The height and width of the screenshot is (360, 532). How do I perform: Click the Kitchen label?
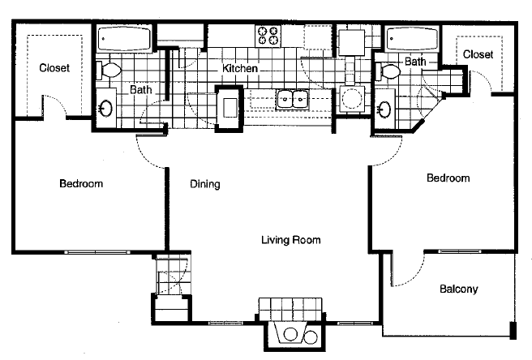[x=240, y=68]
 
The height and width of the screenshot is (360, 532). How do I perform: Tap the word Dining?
[x=205, y=184]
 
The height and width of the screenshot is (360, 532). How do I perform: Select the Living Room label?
[x=291, y=240]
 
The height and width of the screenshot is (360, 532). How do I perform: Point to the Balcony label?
[x=459, y=289]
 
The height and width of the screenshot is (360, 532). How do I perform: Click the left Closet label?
[x=54, y=68]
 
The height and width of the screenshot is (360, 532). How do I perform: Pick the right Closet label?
[x=478, y=54]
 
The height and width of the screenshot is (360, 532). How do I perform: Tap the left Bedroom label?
[x=81, y=183]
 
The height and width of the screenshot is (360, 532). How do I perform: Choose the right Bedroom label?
[x=448, y=178]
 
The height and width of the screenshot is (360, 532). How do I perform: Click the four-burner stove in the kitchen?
[x=268, y=36]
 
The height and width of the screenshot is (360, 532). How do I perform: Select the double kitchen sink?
[x=292, y=100]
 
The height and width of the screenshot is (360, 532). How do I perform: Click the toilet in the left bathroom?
[x=109, y=71]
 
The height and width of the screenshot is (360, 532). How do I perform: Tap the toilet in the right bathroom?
[x=388, y=71]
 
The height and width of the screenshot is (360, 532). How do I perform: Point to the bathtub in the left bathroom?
[x=124, y=39]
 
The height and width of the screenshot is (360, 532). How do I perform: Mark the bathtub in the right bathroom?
[x=413, y=39]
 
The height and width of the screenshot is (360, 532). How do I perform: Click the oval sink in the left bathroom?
[x=105, y=108]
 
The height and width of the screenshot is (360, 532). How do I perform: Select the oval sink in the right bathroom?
[x=384, y=109]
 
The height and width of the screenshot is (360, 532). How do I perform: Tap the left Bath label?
[x=141, y=89]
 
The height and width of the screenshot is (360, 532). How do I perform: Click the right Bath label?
[x=415, y=62]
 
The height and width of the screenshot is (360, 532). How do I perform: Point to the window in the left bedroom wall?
[x=97, y=252]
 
